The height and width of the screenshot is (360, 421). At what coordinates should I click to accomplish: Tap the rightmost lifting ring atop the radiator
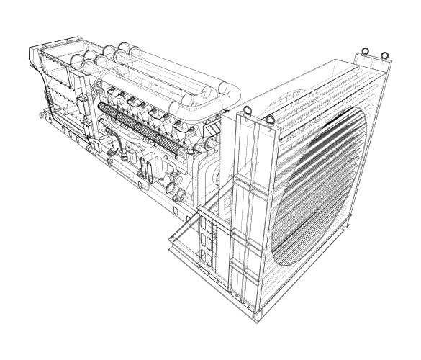click(x=385, y=54)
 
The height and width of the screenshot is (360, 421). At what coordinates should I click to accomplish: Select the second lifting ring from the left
click(x=270, y=119)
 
